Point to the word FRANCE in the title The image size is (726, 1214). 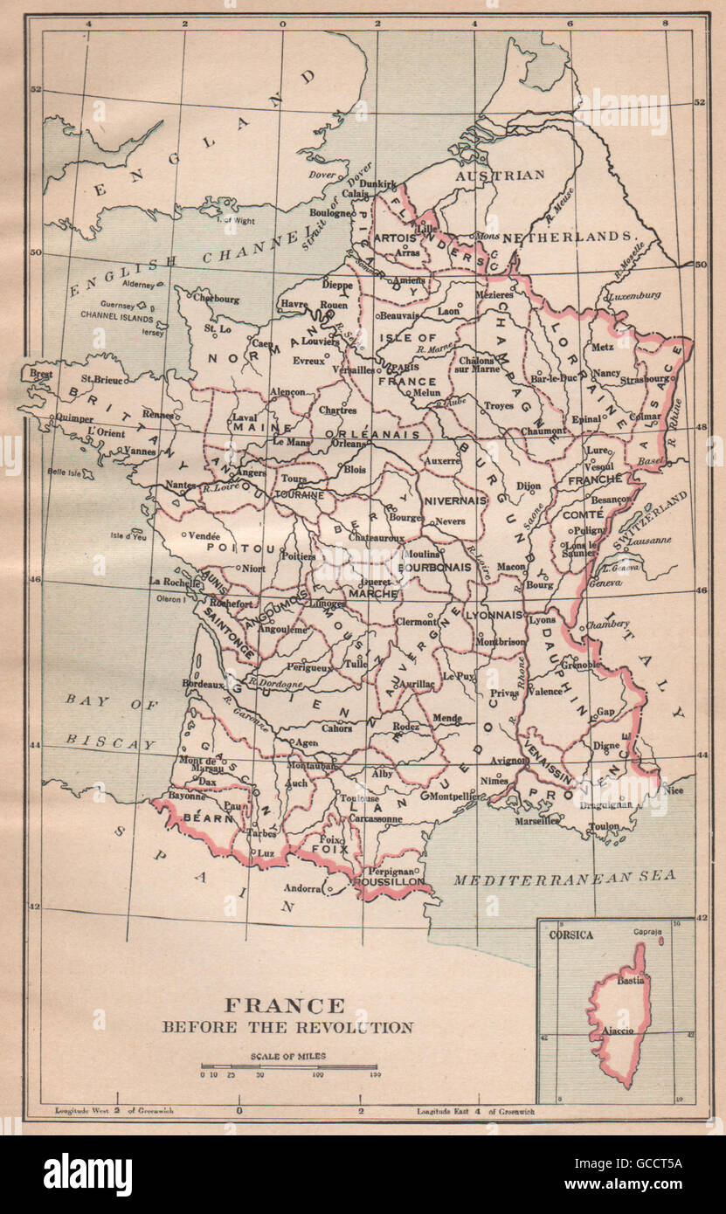pos(287,1005)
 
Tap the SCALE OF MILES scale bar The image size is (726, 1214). pos(288,1066)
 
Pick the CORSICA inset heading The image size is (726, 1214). pos(570,935)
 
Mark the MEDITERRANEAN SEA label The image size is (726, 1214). pos(564,878)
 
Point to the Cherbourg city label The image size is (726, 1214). pos(215,298)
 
